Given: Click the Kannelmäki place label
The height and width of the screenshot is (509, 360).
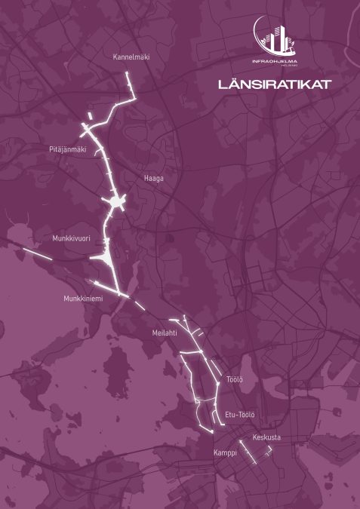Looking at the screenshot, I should click(x=131, y=57).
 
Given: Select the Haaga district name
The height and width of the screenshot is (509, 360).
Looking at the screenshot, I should click(x=153, y=179).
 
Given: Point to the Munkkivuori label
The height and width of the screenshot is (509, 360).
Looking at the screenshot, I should click(x=71, y=238).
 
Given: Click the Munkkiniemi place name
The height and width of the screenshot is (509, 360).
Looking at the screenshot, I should click(x=83, y=299).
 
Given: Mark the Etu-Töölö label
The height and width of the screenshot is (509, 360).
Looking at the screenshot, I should click(x=240, y=415).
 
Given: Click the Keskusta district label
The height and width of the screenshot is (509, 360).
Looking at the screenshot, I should click(x=266, y=437).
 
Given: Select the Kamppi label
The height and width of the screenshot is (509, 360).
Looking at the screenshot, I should click(x=224, y=453).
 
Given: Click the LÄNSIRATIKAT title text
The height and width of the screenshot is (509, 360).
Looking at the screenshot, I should click(x=274, y=84).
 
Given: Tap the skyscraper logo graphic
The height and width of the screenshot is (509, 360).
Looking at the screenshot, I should click(x=274, y=35).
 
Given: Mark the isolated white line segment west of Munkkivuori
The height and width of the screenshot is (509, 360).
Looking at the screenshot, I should click(x=35, y=253).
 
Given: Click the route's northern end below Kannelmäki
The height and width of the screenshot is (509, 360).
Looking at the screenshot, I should click(x=128, y=75).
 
